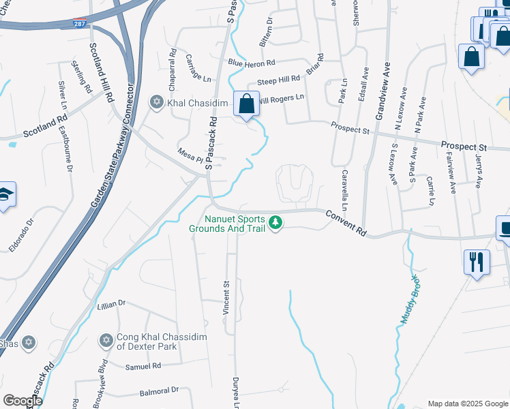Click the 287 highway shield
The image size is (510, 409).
tap(80, 23)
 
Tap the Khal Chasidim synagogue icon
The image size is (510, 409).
tap(156, 102)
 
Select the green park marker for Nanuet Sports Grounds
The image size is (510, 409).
tap(275, 223)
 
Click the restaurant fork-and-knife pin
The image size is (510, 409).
tap(475, 261)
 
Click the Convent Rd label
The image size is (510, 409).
tap(346, 223)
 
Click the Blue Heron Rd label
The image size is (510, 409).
tap(252, 63)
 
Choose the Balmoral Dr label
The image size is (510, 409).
tap(159, 391)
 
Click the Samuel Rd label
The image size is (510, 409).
tap(142, 366)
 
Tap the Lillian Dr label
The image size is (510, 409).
tap(112, 303)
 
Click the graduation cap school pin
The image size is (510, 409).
tap(5, 194)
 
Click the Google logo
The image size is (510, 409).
tap(22, 401)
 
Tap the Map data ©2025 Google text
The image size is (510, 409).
tap(467, 404)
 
